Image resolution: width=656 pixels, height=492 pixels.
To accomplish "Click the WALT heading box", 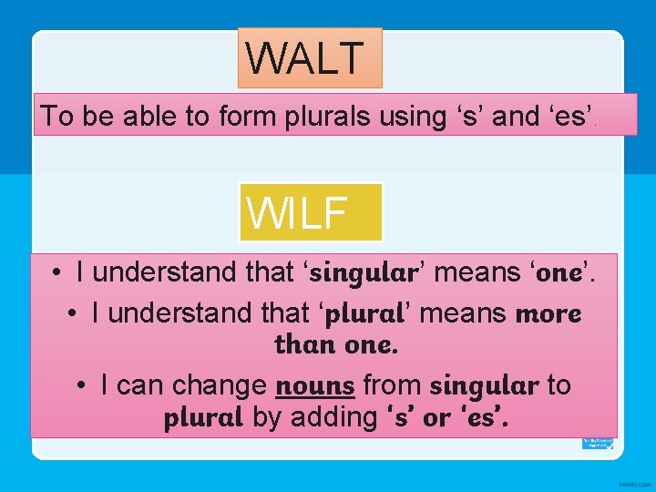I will click(310, 57).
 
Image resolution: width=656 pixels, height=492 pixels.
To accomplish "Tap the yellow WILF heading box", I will click(311, 211).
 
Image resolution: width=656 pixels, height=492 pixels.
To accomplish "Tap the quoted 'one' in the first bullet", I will click(560, 272).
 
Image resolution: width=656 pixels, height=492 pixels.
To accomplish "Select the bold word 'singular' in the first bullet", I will click(364, 272).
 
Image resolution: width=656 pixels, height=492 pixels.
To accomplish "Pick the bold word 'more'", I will click(548, 313).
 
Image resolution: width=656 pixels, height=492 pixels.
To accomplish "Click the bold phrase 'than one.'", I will click(336, 346).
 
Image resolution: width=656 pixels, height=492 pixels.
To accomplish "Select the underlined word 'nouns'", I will click(314, 385).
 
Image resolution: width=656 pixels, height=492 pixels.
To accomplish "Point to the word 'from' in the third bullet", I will click(392, 385).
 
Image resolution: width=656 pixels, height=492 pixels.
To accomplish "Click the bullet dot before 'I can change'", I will click(82, 385).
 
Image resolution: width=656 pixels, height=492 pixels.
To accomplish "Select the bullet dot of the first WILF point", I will click(56, 272).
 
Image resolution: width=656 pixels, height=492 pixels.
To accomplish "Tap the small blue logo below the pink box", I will click(597, 443).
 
